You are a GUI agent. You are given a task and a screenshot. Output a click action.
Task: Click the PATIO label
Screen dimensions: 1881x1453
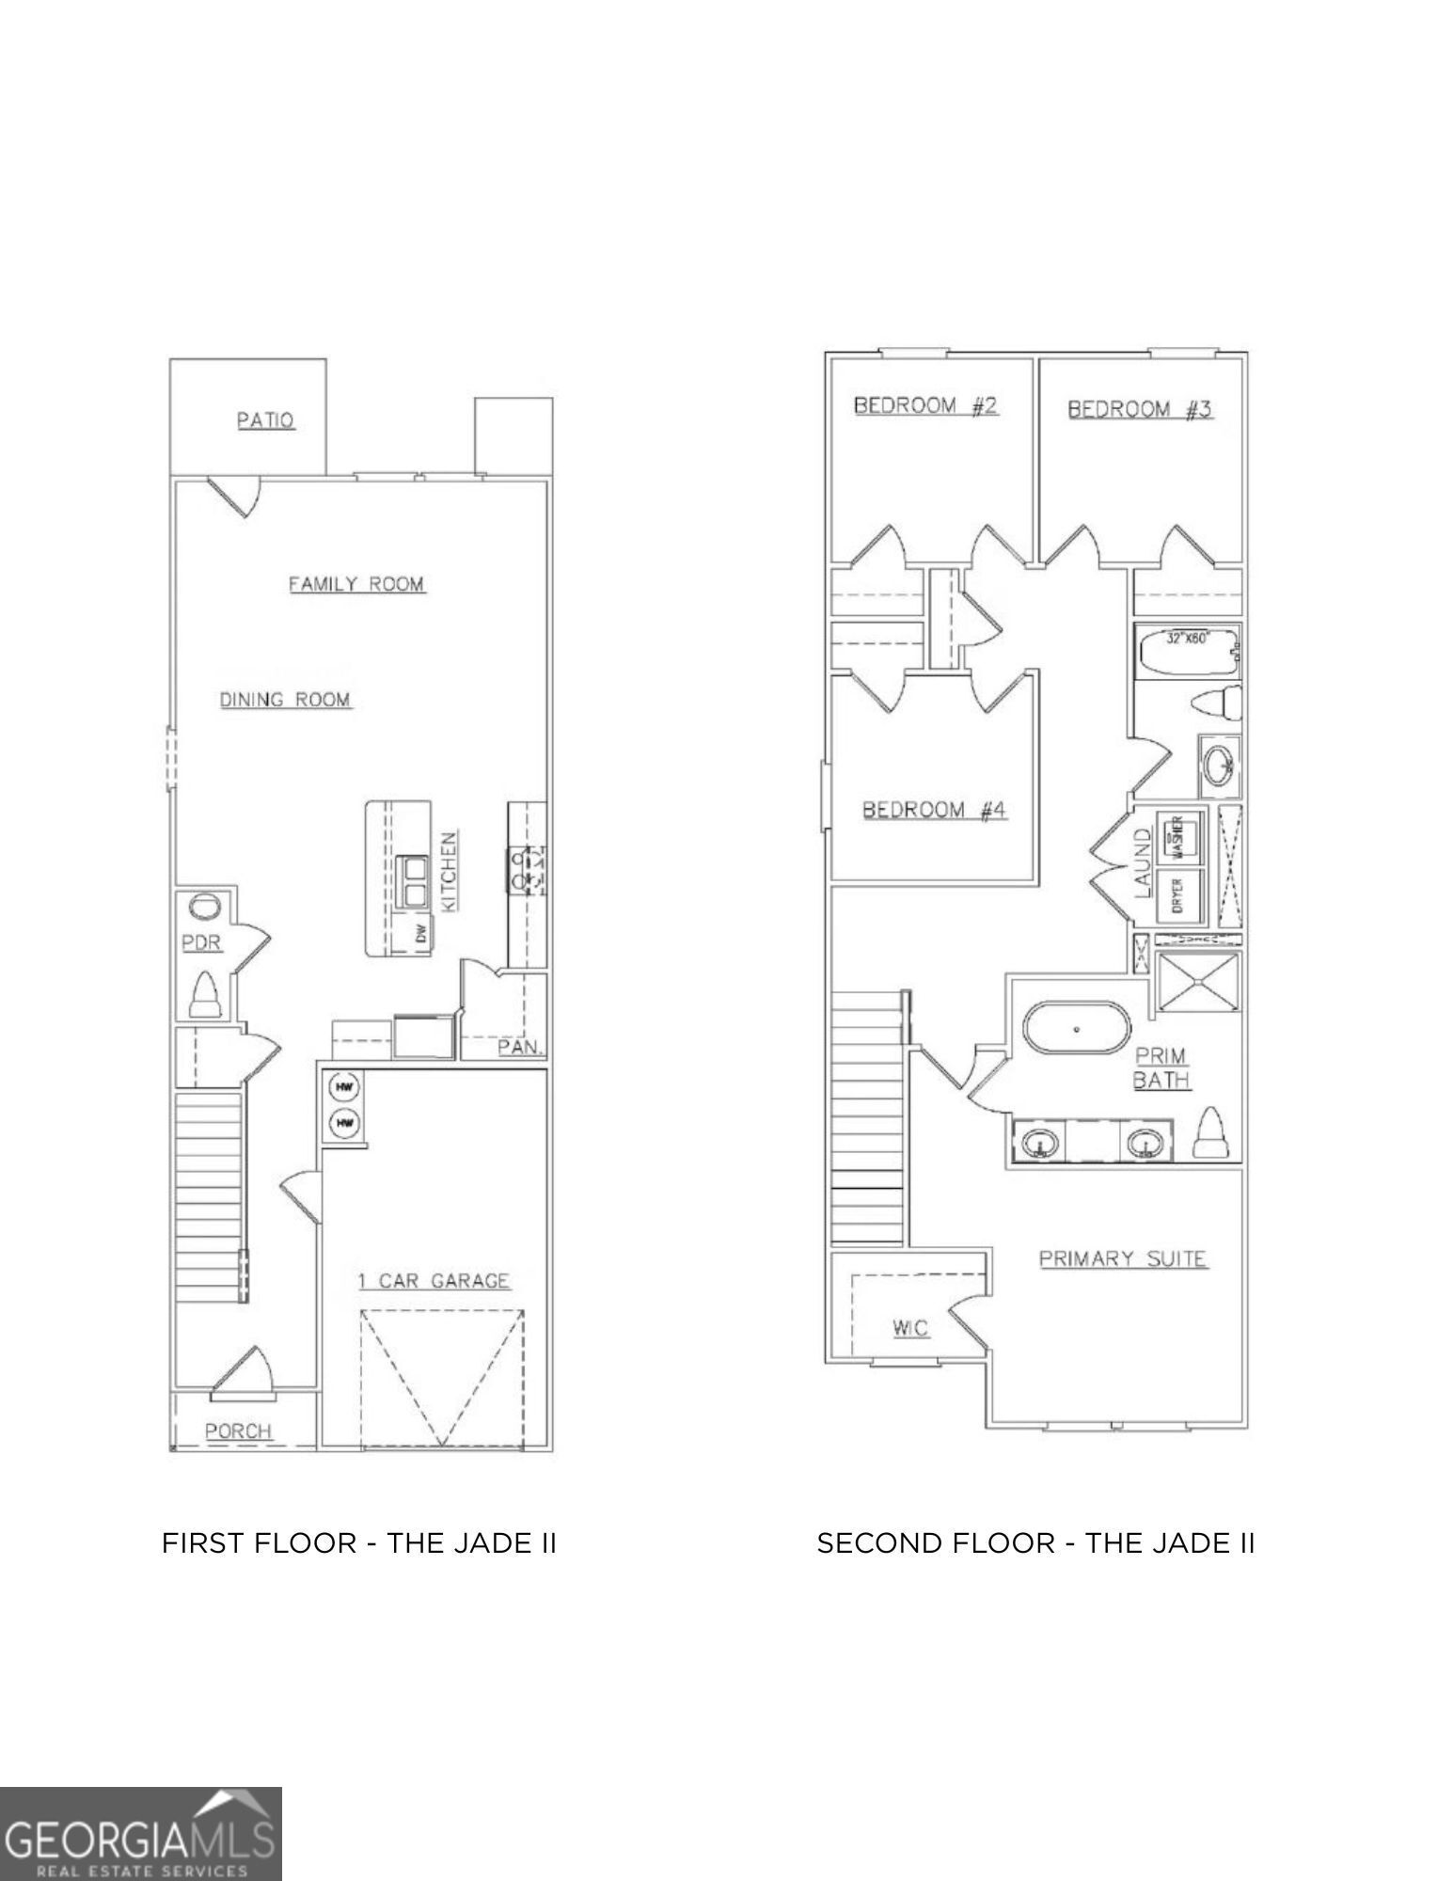click(265, 420)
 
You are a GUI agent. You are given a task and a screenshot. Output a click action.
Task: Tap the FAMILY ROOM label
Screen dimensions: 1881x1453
click(355, 584)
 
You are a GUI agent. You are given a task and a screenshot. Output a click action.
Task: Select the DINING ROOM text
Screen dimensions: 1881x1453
click(285, 700)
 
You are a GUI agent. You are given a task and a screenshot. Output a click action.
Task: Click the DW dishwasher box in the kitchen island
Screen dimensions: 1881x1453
click(420, 934)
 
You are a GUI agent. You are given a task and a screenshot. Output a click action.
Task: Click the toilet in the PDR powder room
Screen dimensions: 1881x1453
click(205, 995)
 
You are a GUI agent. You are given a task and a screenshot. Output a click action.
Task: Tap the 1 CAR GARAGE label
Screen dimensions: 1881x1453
click(434, 1280)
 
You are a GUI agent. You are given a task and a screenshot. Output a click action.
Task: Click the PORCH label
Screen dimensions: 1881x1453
click(238, 1431)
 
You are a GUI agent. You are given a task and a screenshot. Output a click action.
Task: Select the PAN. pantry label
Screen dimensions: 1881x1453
click(521, 1047)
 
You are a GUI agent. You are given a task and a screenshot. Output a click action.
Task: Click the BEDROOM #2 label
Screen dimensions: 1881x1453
click(924, 405)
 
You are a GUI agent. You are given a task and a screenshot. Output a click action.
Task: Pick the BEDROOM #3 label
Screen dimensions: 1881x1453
click(1139, 409)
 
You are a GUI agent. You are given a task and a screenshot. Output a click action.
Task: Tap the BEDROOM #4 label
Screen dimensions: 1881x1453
click(934, 810)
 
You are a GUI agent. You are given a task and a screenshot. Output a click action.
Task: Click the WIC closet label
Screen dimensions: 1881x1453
click(909, 1328)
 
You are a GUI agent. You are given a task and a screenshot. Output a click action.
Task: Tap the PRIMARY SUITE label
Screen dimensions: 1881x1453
click(1122, 1258)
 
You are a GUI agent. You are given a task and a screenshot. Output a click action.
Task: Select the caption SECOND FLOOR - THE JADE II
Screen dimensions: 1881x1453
click(1035, 1543)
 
